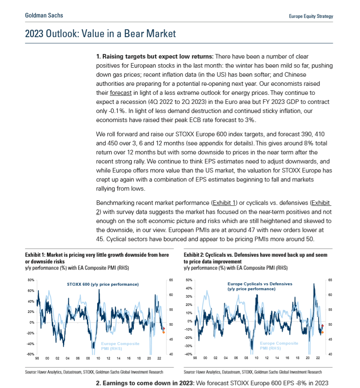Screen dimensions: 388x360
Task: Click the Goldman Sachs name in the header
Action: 44,15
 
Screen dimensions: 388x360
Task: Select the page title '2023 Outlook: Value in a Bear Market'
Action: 100,33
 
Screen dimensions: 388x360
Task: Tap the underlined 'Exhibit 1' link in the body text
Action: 224,203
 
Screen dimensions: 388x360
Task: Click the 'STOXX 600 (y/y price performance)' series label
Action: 103,285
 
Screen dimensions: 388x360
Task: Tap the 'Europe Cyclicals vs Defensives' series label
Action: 260,284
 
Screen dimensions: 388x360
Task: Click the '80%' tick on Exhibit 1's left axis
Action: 30,280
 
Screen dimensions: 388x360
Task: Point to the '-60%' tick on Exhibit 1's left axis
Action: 30,354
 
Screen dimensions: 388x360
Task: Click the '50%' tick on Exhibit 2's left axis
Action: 189,280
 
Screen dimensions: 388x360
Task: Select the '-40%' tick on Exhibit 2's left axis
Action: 189,354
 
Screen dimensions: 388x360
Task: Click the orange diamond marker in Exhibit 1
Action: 164,332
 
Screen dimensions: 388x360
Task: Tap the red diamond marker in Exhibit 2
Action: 322,326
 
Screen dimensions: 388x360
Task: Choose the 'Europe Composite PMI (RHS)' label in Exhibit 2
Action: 279,346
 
